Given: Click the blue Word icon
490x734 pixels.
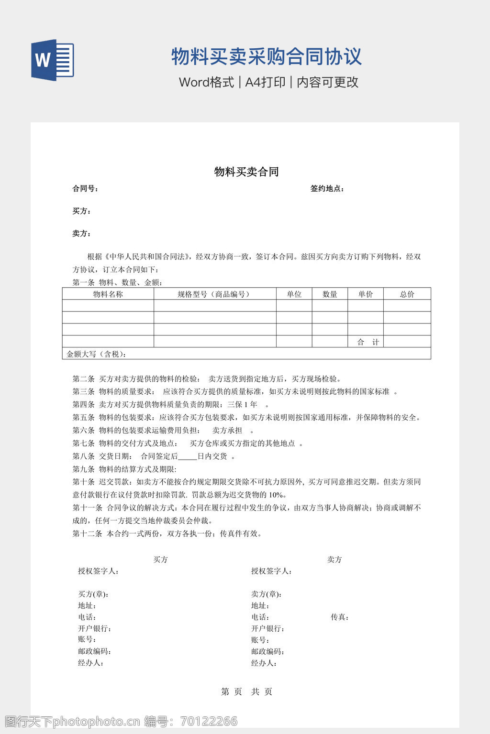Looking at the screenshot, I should coord(53,60).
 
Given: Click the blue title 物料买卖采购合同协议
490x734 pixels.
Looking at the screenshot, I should coord(266,56).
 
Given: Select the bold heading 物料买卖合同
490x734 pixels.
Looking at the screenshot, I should coord(246,172).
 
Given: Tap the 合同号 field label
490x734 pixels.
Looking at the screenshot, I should coord(85,189).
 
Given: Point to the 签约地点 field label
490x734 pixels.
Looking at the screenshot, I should coord(327,189).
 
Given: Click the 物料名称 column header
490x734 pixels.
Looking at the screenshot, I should coord(108,294).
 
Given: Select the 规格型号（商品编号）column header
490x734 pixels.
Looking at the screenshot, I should coord(215,294).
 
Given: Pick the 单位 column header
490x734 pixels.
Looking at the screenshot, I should coord(294,294).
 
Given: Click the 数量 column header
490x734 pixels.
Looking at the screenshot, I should coord(330,294).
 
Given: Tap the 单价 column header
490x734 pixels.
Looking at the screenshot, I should coord(365,294).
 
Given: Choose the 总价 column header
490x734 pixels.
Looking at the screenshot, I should coord(407,294).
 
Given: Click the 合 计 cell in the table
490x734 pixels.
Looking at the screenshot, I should coord(368,342).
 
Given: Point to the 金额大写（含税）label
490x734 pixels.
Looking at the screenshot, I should coord(97,354).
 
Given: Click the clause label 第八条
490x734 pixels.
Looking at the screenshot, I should coord(83,456).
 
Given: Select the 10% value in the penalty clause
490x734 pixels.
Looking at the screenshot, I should coord(276,495).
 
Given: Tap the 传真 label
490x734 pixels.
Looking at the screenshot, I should coord(339,617).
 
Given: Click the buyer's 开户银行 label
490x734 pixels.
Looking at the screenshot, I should coord(95,629).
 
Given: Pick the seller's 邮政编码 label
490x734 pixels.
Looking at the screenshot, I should coord(268,652).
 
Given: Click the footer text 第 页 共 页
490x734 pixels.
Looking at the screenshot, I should coord(246,691).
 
